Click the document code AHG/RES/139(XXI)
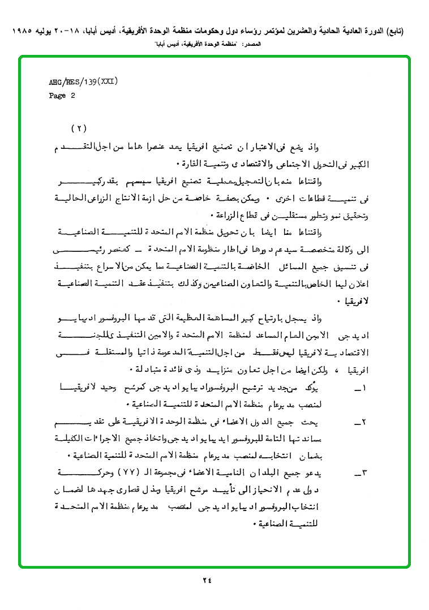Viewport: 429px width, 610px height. pyautogui.click(x=83, y=82)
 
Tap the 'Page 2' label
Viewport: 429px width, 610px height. pyautogui.click(x=62, y=96)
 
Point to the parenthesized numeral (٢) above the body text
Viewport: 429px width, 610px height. pyautogui.click(x=79, y=128)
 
